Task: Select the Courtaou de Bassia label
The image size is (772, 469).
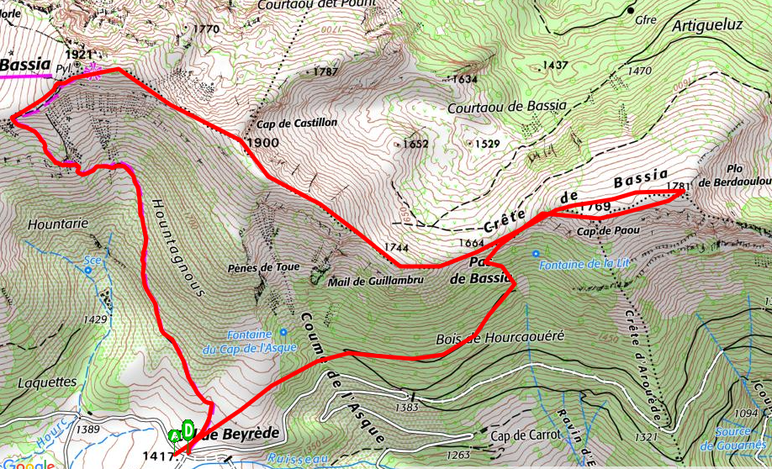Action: pos(507,107)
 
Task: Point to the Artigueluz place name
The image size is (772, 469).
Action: pos(707,25)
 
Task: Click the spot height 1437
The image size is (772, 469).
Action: pos(555,65)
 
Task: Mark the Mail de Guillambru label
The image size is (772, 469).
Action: pos(373,282)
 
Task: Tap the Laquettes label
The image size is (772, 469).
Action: pos(46,382)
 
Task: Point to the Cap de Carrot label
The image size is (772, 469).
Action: pos(525,435)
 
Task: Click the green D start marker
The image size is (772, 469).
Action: pos(189,429)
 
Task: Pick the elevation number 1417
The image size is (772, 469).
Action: pos(158,457)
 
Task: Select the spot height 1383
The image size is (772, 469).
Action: pos(405,407)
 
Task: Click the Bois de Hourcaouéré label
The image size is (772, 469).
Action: pos(499,338)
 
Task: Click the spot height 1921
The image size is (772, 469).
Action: pos(77,55)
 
